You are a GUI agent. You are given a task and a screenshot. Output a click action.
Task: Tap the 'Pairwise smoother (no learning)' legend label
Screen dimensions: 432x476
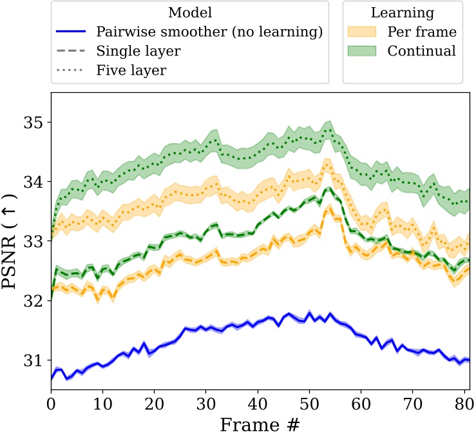point(209,32)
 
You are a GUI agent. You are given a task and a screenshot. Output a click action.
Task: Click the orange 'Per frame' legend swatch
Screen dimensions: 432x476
point(367,32)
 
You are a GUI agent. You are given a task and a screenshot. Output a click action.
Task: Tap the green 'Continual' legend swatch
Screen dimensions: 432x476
point(367,51)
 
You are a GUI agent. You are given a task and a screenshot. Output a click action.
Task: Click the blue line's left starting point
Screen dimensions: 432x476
point(52,379)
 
